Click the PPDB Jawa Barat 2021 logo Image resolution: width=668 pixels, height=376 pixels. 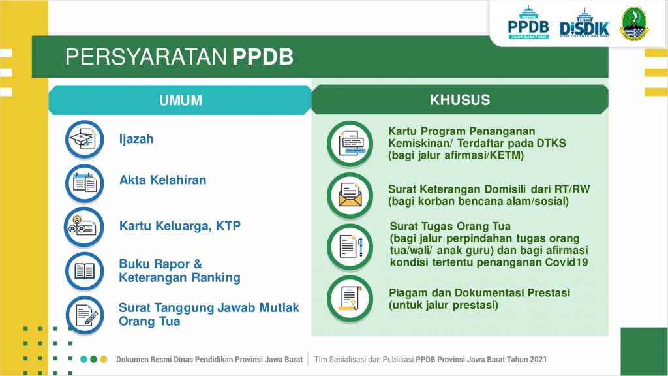click(x=528, y=23)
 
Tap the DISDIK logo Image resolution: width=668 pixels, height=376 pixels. click(x=584, y=23)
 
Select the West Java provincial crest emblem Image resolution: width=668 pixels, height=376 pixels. click(x=634, y=24)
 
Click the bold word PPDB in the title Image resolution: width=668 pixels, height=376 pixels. click(x=263, y=57)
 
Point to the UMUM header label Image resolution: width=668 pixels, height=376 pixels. click(x=181, y=100)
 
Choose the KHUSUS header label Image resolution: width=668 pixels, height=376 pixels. click(x=460, y=100)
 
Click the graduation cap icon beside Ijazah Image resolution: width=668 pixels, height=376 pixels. click(x=84, y=139)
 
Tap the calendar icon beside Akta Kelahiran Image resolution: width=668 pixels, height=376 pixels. click(x=84, y=183)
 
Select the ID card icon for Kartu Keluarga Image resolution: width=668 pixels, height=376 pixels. click(x=83, y=227)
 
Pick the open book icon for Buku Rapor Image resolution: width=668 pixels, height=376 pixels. click(x=84, y=271)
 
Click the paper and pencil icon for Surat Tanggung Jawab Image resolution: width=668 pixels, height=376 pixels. click(x=85, y=315)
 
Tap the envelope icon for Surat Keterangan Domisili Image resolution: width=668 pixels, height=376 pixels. click(x=350, y=195)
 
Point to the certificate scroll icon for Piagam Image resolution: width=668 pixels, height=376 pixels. click(x=350, y=298)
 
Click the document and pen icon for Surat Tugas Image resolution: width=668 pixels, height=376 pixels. click(x=350, y=247)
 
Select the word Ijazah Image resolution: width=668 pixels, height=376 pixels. click(x=136, y=140)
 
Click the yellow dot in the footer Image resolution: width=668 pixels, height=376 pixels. click(x=104, y=360)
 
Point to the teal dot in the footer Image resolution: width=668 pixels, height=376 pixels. click(x=83, y=360)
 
